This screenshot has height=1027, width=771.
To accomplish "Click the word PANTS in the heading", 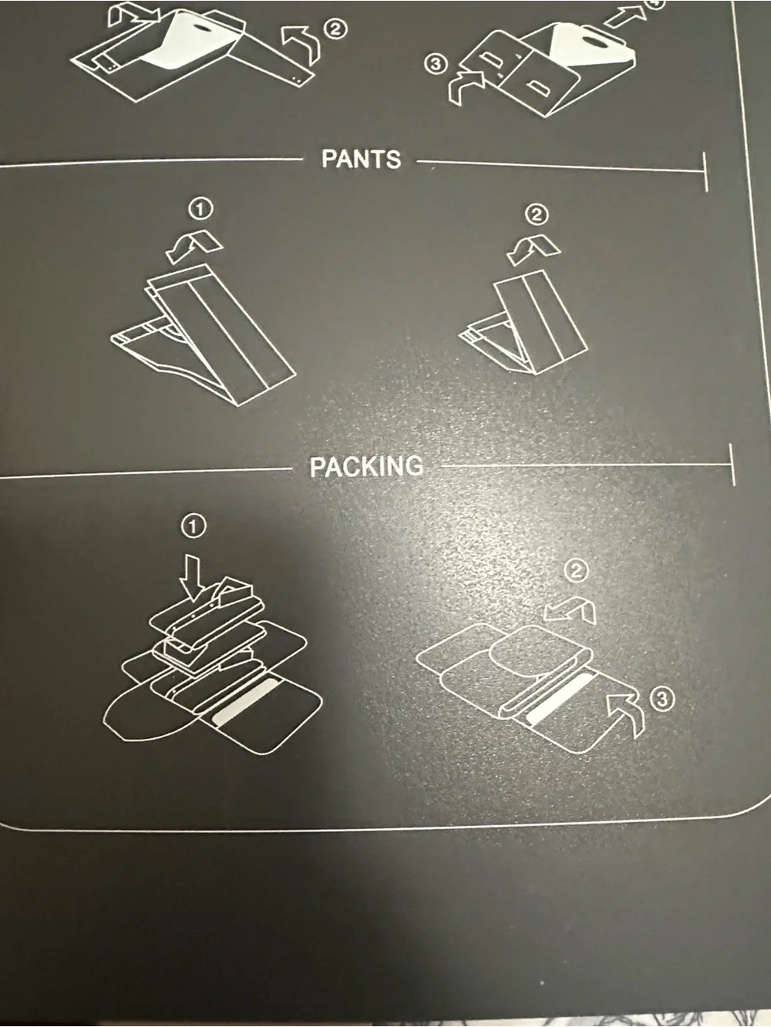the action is [x=361, y=159].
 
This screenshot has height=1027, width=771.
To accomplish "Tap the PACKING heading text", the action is [x=366, y=466].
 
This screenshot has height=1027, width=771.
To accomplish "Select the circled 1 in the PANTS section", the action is [x=200, y=209].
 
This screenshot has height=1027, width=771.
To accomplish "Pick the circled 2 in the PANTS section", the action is [x=537, y=214].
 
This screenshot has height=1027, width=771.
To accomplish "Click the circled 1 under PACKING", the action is [x=193, y=527].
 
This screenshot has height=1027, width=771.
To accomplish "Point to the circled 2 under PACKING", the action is [x=576, y=571].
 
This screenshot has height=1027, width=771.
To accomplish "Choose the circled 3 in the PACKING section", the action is [x=662, y=700].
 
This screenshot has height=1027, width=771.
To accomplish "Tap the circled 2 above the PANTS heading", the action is [x=335, y=30].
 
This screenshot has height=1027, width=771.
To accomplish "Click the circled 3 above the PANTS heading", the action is [x=436, y=64].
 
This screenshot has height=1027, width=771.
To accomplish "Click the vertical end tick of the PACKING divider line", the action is [x=732, y=465].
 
